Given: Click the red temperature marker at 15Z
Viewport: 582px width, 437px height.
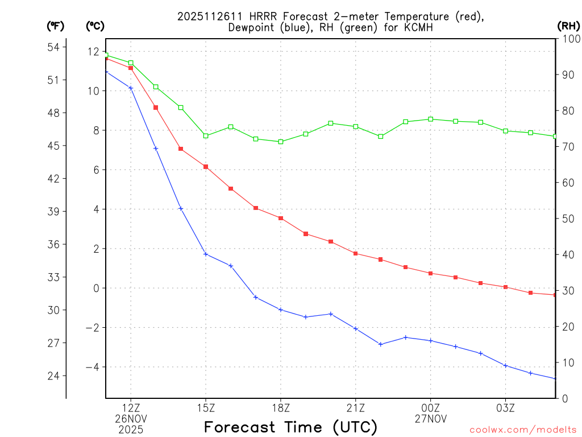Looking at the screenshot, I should [x=206, y=167].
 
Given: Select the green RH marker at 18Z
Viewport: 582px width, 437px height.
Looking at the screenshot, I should [x=281, y=142].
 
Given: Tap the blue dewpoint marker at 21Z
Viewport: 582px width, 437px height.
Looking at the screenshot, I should [x=356, y=329].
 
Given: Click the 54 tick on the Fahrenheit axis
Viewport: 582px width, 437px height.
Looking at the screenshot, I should [x=57, y=47].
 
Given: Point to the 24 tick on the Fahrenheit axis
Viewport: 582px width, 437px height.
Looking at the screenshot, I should [x=57, y=376].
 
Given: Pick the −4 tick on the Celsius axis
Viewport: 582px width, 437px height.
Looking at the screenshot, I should [x=93, y=367].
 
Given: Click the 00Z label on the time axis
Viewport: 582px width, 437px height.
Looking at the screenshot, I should [x=431, y=408].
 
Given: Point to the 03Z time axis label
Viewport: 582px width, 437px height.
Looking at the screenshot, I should [x=506, y=408].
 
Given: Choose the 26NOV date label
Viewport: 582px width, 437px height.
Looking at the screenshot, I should [x=131, y=419].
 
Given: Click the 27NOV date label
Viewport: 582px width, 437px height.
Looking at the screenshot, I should [x=431, y=419].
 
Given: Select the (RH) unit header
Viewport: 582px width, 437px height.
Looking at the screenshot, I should [x=568, y=26].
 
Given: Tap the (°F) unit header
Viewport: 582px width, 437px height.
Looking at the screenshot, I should [x=56, y=26].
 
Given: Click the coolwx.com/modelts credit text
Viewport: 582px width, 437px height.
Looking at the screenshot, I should [x=523, y=430].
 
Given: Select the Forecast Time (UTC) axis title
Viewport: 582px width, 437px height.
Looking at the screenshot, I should [x=290, y=427].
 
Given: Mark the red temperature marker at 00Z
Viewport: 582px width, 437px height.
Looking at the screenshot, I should [x=431, y=274].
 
